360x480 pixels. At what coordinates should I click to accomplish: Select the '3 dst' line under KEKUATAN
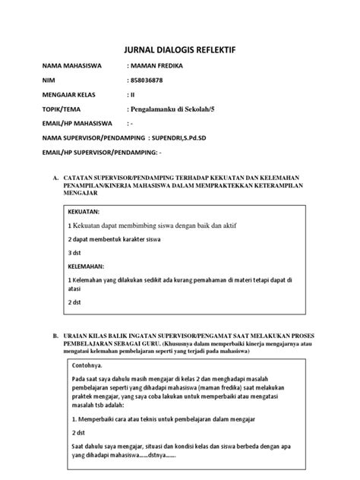[74, 252]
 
